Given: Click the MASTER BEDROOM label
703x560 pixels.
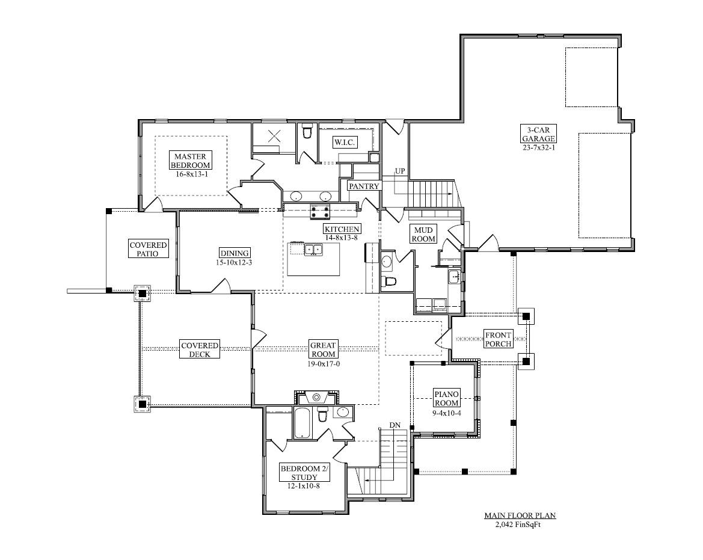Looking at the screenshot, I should tap(190, 161).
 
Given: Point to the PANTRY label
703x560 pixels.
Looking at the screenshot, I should tap(364, 186).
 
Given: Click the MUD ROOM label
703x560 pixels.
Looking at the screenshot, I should tap(423, 234).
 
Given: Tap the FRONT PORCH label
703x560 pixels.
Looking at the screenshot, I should tap(499, 339).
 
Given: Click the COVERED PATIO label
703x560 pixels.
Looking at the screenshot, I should tap(149, 249).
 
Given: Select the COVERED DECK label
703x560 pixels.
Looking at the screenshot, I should tap(200, 349).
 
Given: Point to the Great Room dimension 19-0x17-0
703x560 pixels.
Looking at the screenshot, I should tap(323, 364).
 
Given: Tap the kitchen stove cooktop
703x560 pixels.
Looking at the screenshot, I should tap(320, 212).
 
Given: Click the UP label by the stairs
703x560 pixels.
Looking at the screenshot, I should tap(400, 171).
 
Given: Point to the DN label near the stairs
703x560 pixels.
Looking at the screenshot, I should tap(394, 425).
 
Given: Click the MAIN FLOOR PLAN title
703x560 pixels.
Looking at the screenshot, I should tap(520, 515).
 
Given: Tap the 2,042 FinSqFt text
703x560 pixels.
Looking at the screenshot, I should tap(521, 524).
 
